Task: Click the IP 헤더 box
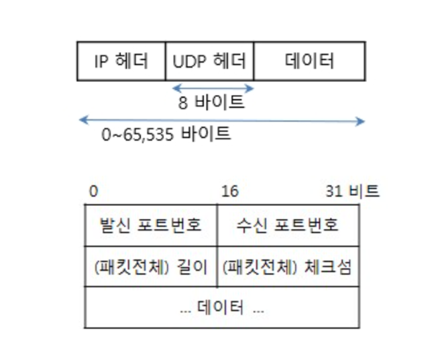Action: click(121, 61)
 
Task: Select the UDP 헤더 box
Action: click(209, 61)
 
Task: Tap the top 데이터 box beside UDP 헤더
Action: click(309, 61)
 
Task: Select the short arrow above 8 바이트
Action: click(213, 88)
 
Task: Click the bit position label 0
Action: click(93, 192)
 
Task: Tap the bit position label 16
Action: click(229, 192)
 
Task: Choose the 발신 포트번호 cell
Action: click(151, 225)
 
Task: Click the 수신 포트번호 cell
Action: click(288, 225)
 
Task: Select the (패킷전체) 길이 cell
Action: click(151, 267)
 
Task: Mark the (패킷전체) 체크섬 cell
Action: click(288, 267)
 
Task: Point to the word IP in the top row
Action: click(101, 61)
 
